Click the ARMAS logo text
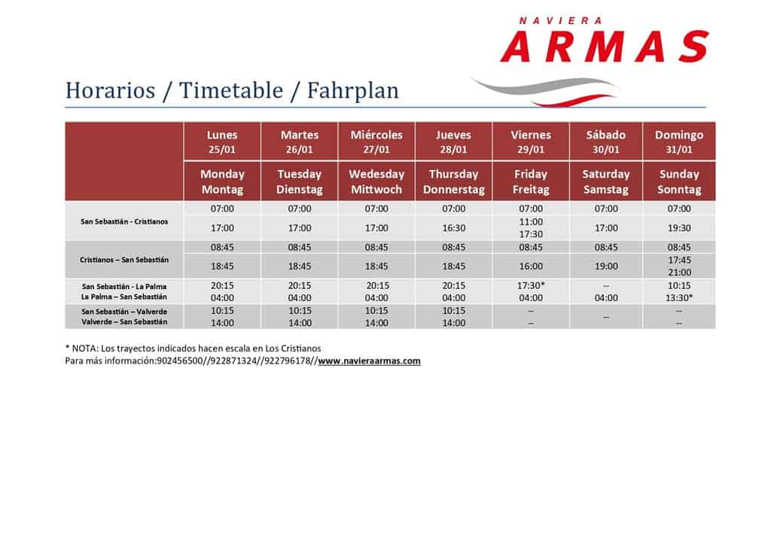[x=605, y=46]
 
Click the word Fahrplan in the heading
[x=352, y=90]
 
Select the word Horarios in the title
[x=110, y=90]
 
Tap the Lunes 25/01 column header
[x=222, y=142]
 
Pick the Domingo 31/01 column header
[x=679, y=142]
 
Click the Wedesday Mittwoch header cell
[x=376, y=181]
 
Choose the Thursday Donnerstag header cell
[x=453, y=181]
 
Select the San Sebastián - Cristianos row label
[x=124, y=221]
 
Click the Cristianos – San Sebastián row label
[x=124, y=260]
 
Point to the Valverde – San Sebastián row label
[x=124, y=322]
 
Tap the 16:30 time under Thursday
[x=453, y=228]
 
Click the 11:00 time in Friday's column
[x=531, y=221]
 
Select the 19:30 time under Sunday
[x=679, y=228]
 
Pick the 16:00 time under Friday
[x=531, y=266]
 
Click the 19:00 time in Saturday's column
[x=606, y=266]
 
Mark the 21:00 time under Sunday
[x=679, y=272]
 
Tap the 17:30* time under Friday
[x=531, y=285]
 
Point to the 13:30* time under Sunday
[x=679, y=298]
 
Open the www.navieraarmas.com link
[x=369, y=361]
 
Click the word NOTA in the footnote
[x=85, y=349]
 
